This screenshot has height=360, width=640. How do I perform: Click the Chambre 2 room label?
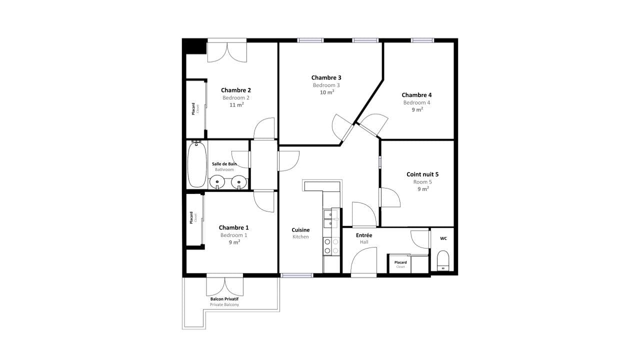click(x=236, y=90)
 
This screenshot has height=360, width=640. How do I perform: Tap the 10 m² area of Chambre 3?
click(x=327, y=92)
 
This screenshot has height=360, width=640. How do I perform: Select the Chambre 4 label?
click(x=416, y=95)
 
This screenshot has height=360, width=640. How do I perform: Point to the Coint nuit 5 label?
click(x=422, y=174)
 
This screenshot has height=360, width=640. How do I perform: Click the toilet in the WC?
click(x=443, y=260)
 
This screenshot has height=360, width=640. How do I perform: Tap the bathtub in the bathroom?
click(x=197, y=164)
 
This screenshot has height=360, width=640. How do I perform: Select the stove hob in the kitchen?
click(x=331, y=246)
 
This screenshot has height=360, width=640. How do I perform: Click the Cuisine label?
click(x=300, y=230)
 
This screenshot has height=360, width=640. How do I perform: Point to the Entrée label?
click(x=364, y=235)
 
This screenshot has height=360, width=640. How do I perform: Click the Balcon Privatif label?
click(x=224, y=299)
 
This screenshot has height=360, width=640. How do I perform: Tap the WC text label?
click(x=443, y=238)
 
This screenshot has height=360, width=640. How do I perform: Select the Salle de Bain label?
click(x=224, y=164)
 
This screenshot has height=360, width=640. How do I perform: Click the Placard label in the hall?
click(x=400, y=262)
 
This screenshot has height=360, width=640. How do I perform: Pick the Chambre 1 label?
click(x=233, y=227)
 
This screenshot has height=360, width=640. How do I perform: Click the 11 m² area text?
click(x=236, y=105)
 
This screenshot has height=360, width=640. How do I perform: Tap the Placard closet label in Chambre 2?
click(x=193, y=109)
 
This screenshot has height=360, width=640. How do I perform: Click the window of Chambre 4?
click(x=422, y=40)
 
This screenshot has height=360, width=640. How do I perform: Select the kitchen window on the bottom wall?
click(x=296, y=275)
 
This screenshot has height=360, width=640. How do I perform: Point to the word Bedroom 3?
click(x=326, y=85)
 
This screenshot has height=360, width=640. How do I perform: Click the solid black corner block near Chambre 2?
click(x=195, y=46)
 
